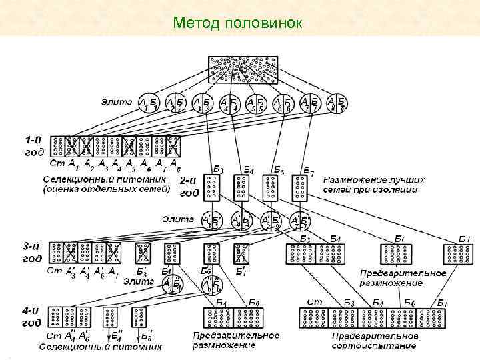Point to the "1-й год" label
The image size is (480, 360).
click(35, 146)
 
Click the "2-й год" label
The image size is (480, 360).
click(189, 187)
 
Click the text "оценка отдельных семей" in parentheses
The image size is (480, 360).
click(107, 189)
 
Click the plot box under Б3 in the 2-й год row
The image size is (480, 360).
click(212, 189)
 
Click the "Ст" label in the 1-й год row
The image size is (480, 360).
click(56, 163)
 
